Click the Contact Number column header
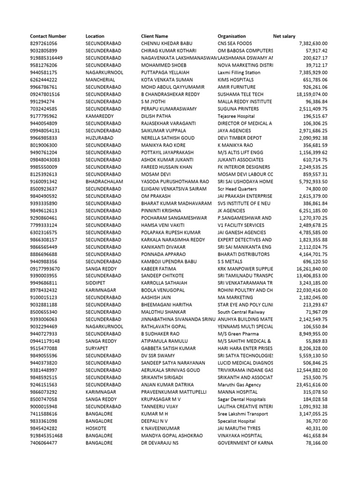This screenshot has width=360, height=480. pyautogui.click(x=48, y=36)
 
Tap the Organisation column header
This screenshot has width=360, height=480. pyautogui.click(x=232, y=36)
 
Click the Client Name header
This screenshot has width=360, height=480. pyautogui.click(x=154, y=36)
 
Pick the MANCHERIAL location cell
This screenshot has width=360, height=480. pyautogui.click(x=101, y=80)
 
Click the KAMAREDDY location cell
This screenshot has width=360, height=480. pyautogui.click(x=100, y=116)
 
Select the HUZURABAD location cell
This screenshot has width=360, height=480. pyautogui.click(x=100, y=138)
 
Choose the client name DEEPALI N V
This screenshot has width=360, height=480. pyautogui.click(x=155, y=421)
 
